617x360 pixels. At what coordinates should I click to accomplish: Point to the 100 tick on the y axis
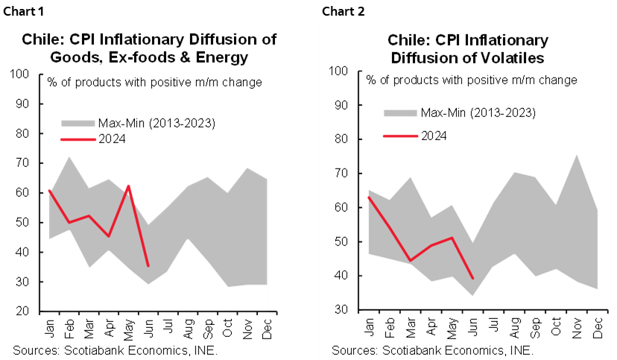click(x=340, y=72)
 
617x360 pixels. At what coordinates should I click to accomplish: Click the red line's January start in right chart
click(x=370, y=198)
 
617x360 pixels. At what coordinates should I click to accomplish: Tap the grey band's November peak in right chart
click(x=577, y=156)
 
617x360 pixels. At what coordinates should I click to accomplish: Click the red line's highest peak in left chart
click(x=129, y=186)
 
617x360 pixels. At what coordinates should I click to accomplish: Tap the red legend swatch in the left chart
click(x=77, y=139)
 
